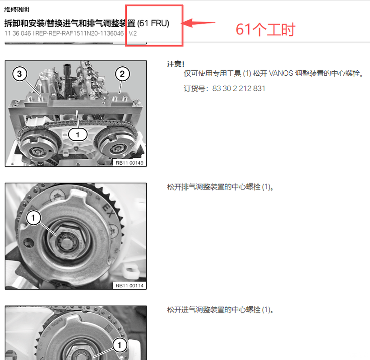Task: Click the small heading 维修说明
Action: click(x=17, y=9)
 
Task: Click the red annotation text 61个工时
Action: click(x=265, y=29)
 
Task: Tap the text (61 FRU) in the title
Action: click(x=153, y=23)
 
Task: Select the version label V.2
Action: click(x=133, y=33)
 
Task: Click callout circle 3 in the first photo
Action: click(x=19, y=74)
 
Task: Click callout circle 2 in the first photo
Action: click(x=122, y=74)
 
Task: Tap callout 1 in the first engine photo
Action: click(x=78, y=134)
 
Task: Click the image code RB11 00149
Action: click(x=129, y=163)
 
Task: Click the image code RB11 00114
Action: click(x=129, y=286)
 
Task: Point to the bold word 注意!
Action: click(x=176, y=64)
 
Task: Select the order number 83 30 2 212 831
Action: click(x=239, y=88)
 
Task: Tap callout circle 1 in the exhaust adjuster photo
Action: click(x=33, y=217)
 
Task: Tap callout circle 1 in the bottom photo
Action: click(x=120, y=345)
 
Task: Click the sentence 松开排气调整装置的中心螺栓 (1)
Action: click(x=220, y=187)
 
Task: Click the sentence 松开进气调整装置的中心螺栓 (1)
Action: click(x=220, y=309)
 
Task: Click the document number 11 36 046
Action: click(x=18, y=33)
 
